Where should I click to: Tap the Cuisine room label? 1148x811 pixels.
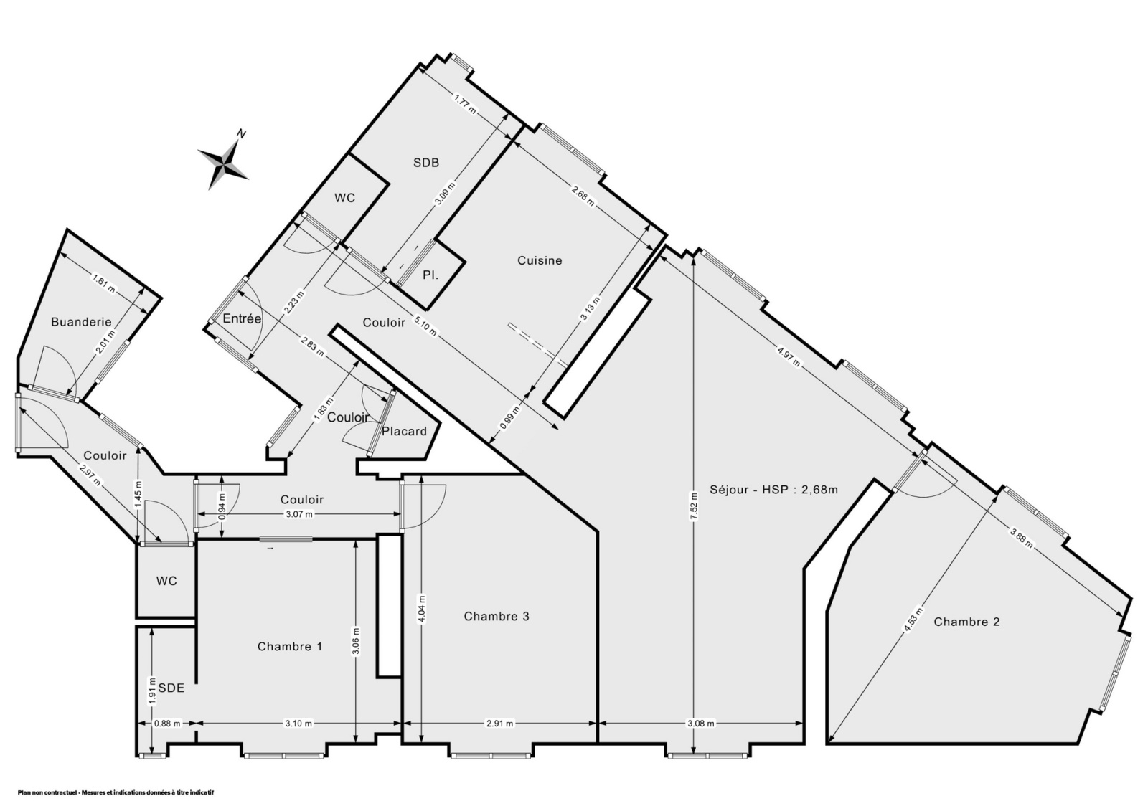click(540, 260)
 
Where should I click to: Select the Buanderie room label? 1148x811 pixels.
click(82, 322)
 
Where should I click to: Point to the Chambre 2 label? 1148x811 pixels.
click(966, 622)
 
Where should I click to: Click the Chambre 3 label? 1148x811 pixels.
click(496, 616)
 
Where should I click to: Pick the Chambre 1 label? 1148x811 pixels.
click(290, 646)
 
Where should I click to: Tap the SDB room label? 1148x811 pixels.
click(426, 162)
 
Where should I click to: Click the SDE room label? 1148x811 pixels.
click(171, 688)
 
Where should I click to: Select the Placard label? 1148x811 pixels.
click(405, 432)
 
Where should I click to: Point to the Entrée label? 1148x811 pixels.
click(242, 318)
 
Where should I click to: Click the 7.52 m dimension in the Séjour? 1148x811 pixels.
click(693, 506)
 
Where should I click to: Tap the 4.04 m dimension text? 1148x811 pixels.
click(421, 608)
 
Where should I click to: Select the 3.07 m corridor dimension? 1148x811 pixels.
click(298, 514)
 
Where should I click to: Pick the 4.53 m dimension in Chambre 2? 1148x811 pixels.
click(913, 620)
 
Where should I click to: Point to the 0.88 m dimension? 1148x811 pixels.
click(167, 724)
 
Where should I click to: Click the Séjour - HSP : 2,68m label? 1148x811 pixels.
click(774, 489)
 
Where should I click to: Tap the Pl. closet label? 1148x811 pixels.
click(430, 275)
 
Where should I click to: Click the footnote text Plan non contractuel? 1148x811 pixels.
click(47, 792)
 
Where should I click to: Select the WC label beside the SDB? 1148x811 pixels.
click(345, 198)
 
